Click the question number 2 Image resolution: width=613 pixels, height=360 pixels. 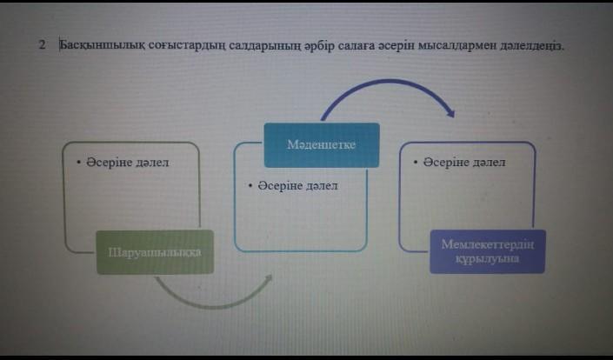coord(43,45)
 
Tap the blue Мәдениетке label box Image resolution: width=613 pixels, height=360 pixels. coord(322,144)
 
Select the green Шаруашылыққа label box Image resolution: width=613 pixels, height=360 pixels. coord(155,252)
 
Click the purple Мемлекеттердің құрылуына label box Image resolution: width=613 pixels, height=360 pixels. coord(487,251)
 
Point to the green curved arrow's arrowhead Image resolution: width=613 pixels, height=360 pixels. coord(267,280)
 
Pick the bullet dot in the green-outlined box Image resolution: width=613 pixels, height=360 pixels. coord(78,162)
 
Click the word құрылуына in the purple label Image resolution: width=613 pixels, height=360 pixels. coord(487,259)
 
